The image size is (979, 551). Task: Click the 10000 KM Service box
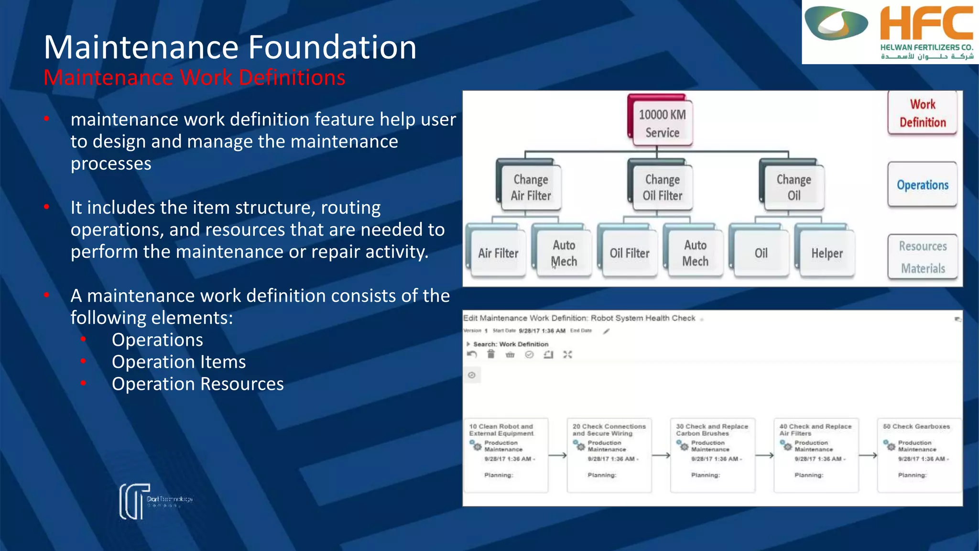click(x=662, y=123)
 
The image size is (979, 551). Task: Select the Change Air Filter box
click(x=531, y=187)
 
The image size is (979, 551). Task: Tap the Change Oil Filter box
click(x=662, y=187)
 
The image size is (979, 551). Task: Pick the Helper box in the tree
click(x=827, y=253)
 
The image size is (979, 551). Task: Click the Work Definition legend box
click(x=922, y=113)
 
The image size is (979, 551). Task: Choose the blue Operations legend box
click(x=922, y=185)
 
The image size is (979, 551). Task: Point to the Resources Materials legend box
click(x=923, y=257)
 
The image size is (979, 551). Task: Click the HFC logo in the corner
click(x=890, y=32)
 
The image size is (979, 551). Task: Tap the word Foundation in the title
click(x=332, y=47)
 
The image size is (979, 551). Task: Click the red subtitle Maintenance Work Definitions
click(x=194, y=77)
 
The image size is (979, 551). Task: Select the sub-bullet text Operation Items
click(x=178, y=362)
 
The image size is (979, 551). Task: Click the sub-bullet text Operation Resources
click(x=197, y=384)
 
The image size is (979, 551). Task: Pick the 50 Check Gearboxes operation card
click(x=919, y=454)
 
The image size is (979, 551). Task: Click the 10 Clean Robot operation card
click(x=506, y=454)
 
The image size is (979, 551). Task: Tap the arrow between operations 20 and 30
click(x=661, y=455)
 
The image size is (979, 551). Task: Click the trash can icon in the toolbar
click(x=491, y=354)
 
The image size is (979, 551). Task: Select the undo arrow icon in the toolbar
click(x=472, y=354)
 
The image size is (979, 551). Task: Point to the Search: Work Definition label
click(x=510, y=344)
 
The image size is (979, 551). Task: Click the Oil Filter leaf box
click(x=629, y=253)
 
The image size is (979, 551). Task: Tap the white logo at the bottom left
click(x=135, y=501)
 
